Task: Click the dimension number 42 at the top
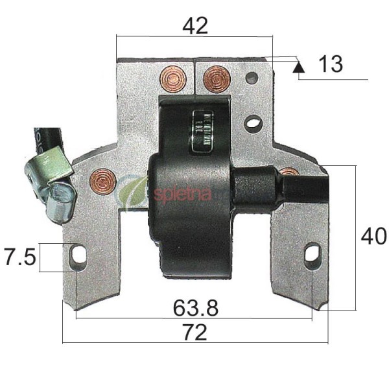195,26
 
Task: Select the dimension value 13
331,64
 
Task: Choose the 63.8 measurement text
196,307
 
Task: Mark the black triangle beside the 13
298,65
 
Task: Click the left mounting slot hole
78,255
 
